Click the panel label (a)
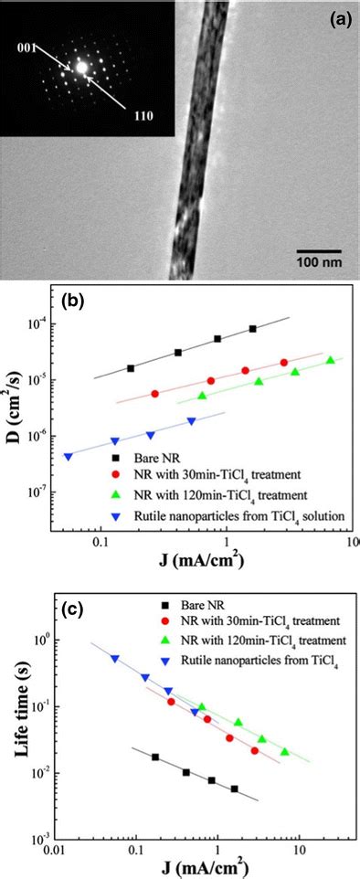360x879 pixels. pyautogui.click(x=335, y=16)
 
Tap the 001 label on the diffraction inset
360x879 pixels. pyautogui.click(x=21, y=50)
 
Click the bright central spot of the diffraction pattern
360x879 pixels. pyautogui.click(x=81, y=67)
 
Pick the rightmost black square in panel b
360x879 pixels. pyautogui.click(x=253, y=329)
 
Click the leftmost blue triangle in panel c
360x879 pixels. pyautogui.click(x=115, y=659)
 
